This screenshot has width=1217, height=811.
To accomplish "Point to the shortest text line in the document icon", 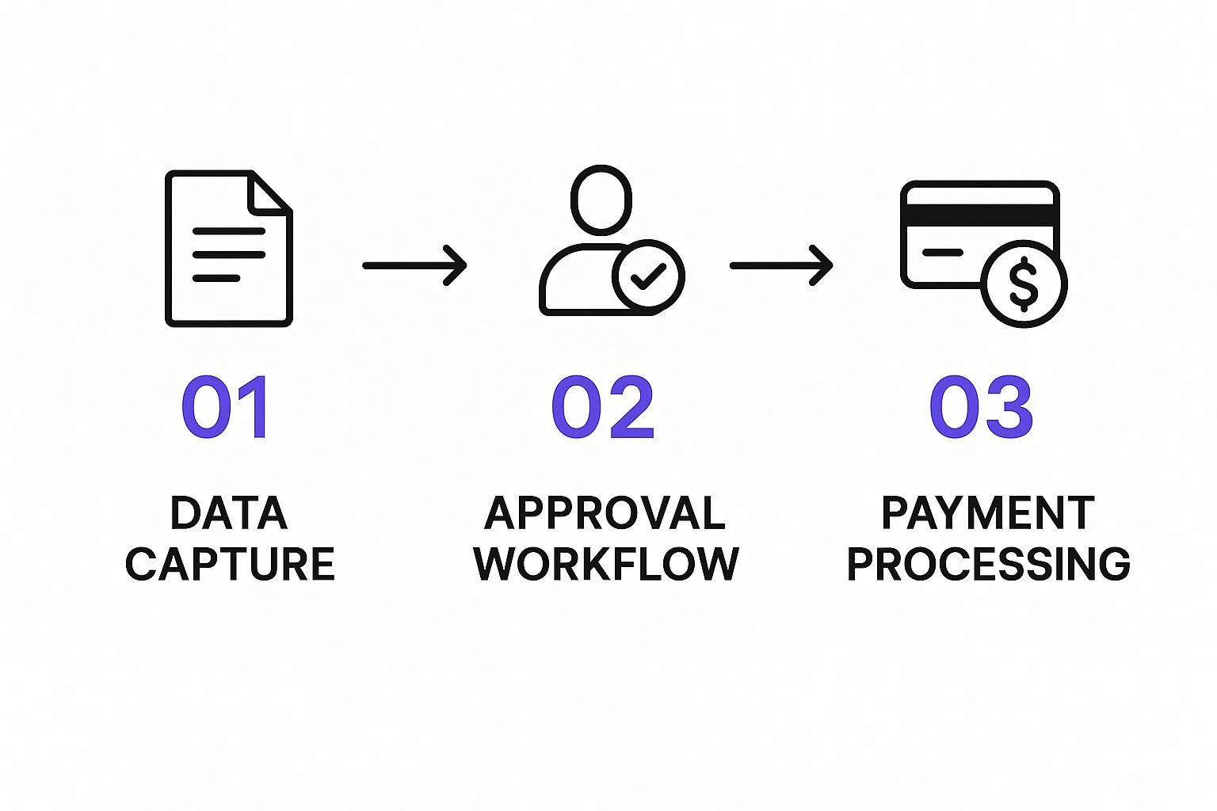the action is (x=216, y=278).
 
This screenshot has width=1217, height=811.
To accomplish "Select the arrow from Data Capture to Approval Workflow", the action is (x=414, y=265).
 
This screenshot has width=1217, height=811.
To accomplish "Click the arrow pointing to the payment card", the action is (x=781, y=265).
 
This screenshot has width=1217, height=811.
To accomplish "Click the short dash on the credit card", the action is (x=943, y=252).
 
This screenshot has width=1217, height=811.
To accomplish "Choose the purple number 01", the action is (x=225, y=406).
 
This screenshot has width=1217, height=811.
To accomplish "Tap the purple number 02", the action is (x=603, y=406).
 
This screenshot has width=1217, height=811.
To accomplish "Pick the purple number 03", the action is (x=981, y=406).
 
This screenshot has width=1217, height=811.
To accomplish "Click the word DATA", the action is (x=229, y=512).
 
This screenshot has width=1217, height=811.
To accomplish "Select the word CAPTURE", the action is (x=230, y=564).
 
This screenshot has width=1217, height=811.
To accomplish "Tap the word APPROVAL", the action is (x=605, y=512).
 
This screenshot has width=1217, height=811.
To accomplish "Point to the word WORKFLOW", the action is (x=606, y=564).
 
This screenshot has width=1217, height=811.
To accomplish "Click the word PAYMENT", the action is (x=988, y=512).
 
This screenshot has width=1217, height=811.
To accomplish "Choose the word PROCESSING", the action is (x=989, y=564).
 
